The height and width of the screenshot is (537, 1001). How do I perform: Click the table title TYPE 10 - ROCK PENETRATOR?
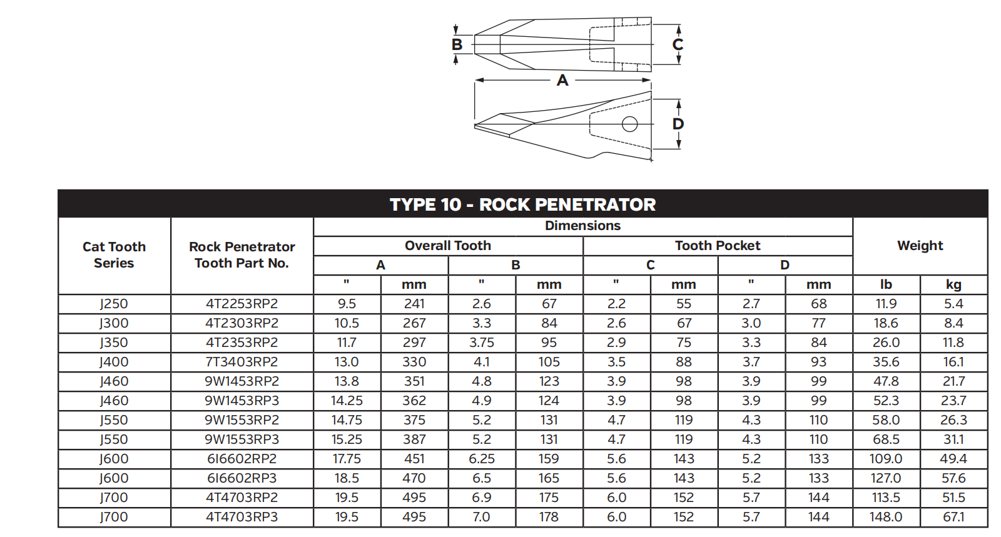point(522,204)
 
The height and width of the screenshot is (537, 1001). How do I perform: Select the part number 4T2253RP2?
point(241,304)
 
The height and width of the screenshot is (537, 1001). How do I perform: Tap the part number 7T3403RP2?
point(241,362)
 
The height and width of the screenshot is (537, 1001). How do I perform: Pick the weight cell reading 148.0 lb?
point(886,517)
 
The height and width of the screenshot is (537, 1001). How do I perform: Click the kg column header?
point(953,284)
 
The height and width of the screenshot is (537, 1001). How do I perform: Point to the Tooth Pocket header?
point(718,246)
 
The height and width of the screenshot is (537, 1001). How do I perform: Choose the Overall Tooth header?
point(448,246)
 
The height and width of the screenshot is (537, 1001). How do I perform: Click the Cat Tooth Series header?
point(114,255)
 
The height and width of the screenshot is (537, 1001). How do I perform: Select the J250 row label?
point(114,304)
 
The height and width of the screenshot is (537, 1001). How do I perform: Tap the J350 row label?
point(114,343)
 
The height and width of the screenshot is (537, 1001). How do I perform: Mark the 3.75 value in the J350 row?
point(482,343)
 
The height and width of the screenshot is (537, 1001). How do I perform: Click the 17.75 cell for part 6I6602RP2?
point(347,459)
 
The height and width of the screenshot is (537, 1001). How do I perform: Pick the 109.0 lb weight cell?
point(886,459)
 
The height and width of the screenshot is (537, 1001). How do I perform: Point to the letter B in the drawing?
point(457,44)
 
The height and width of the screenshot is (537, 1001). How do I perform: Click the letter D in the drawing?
point(678,124)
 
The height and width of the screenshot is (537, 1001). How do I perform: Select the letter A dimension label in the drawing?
point(562,80)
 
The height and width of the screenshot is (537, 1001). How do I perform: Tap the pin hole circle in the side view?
point(629,124)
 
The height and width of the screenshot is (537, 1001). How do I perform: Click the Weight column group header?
point(920,246)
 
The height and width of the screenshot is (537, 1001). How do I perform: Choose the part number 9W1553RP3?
point(241,439)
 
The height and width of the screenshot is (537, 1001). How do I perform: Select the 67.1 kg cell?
point(953,517)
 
